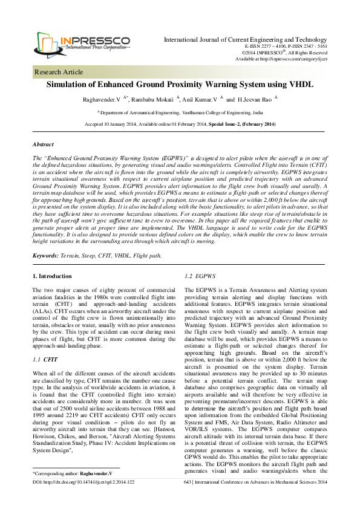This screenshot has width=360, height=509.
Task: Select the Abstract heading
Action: pyautogui.click(x=44, y=145)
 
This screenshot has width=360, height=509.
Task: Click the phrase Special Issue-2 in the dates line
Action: pyautogui.click(x=224, y=124)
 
